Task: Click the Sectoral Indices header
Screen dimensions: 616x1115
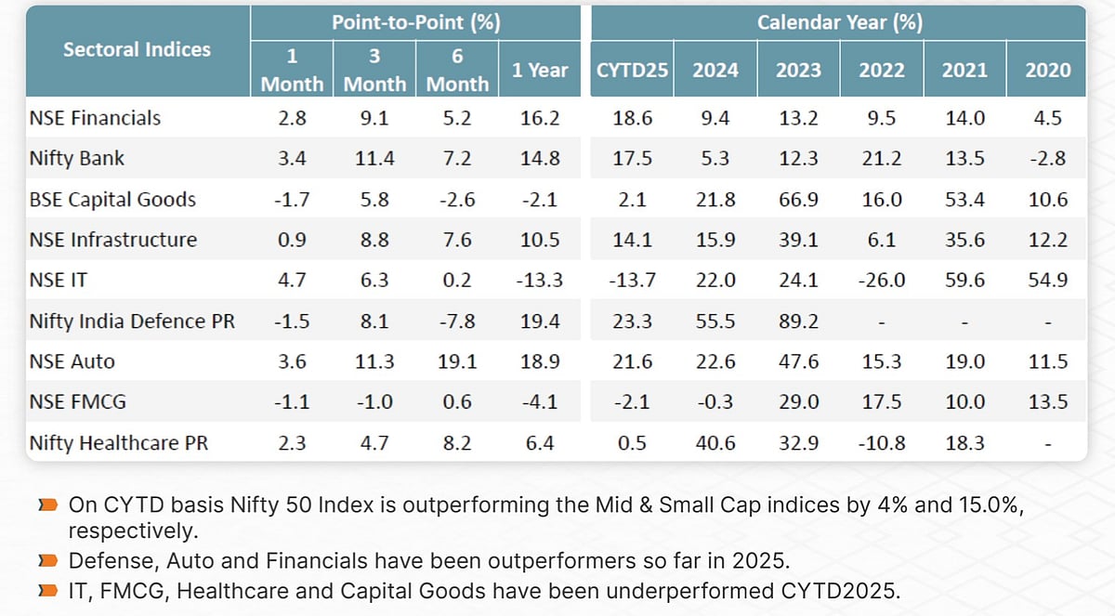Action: click(137, 49)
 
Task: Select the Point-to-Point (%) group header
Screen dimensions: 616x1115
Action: click(415, 22)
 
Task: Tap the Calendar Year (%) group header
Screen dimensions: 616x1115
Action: click(839, 22)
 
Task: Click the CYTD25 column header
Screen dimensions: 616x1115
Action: click(632, 70)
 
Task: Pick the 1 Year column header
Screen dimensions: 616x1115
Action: click(540, 70)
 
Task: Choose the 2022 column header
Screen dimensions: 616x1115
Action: click(881, 70)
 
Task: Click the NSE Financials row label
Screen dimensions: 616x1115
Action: click(95, 118)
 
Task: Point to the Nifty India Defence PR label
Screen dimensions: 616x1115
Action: click(132, 321)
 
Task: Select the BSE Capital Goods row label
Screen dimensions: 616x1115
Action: click(112, 199)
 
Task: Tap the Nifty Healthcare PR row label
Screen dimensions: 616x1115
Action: click(118, 443)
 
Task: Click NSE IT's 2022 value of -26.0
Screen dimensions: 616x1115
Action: click(881, 281)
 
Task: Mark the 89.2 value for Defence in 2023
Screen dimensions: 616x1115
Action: click(798, 321)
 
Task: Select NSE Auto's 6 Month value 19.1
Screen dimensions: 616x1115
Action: click(457, 361)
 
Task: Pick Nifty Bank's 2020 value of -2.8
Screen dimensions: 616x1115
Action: click(1047, 159)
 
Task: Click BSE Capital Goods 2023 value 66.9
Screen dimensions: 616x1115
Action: click(798, 199)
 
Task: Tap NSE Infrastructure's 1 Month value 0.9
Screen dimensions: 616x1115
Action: click(292, 240)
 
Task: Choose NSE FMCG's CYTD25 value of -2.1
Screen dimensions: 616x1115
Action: click(633, 402)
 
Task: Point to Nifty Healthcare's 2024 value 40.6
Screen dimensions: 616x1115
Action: click(715, 443)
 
